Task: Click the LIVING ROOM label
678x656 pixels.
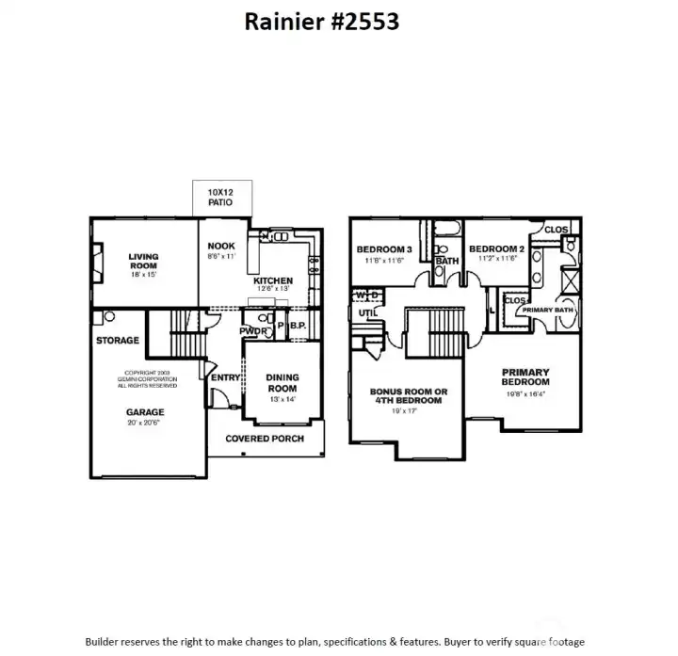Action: pyautogui.click(x=143, y=261)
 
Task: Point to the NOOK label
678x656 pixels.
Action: pyautogui.click(x=221, y=246)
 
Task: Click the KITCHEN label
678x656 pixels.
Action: pyautogui.click(x=273, y=280)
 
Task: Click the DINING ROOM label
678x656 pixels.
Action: pyautogui.click(x=282, y=381)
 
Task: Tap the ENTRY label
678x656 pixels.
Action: pyautogui.click(x=226, y=377)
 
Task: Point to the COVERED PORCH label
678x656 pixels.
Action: pyautogui.click(x=264, y=439)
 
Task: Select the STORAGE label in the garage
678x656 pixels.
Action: pyautogui.click(x=118, y=340)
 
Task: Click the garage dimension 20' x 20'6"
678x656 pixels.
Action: pyautogui.click(x=145, y=423)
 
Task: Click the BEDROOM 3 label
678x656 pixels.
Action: pyautogui.click(x=383, y=249)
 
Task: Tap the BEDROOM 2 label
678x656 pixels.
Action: pyautogui.click(x=495, y=249)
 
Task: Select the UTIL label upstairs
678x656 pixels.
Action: pyautogui.click(x=367, y=312)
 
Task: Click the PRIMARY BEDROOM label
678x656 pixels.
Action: pyautogui.click(x=525, y=376)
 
